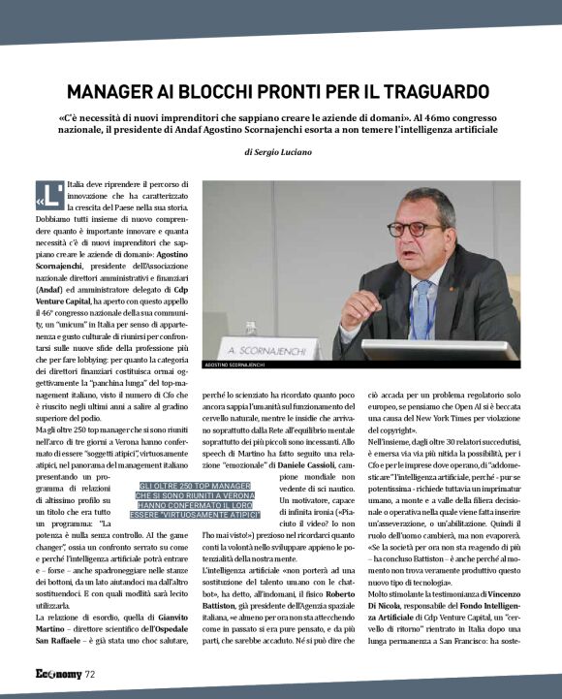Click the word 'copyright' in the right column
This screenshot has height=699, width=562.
tap(413, 454)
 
